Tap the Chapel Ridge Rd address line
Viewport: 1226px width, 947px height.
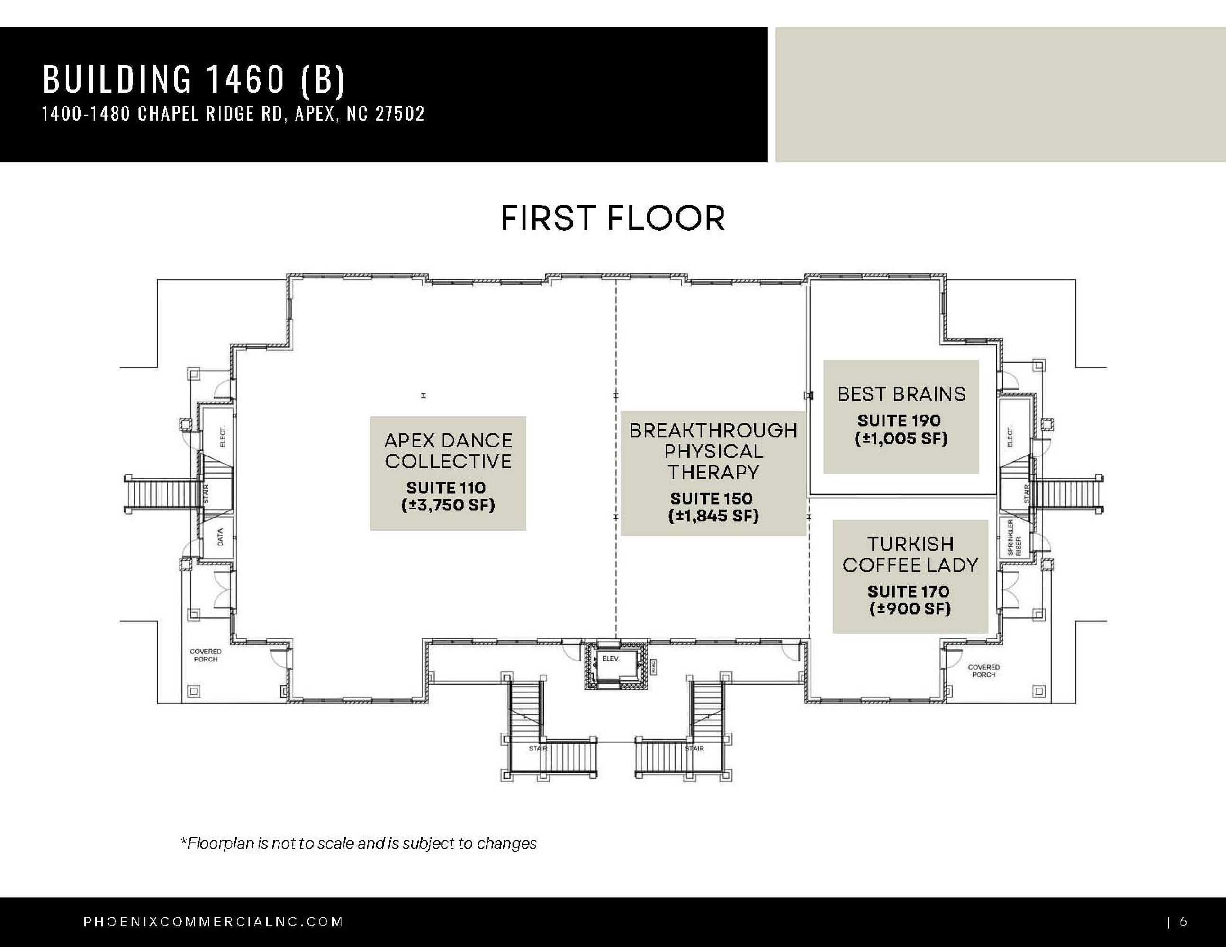click(x=234, y=114)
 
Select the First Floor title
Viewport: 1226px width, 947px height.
click(x=613, y=218)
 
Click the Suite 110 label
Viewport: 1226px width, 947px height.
click(x=446, y=488)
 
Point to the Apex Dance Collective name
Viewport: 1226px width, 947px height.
click(x=448, y=450)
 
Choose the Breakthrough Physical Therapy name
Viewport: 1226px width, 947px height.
click(x=713, y=451)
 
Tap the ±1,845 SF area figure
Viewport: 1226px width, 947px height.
click(x=713, y=516)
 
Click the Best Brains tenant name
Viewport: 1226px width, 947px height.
click(x=901, y=394)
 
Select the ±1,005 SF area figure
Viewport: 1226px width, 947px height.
click(x=901, y=438)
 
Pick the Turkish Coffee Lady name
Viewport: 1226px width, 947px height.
click(x=910, y=554)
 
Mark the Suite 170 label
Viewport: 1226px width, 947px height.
click(x=908, y=591)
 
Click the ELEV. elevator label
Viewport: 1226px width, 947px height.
click(x=611, y=658)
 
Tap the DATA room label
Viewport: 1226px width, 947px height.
click(x=220, y=537)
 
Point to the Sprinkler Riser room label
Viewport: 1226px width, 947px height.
click(x=1014, y=537)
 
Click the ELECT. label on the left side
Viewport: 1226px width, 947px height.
click(x=222, y=437)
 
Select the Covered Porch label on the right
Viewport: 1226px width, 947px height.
click(x=983, y=671)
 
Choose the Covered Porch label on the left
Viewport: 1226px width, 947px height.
click(x=206, y=655)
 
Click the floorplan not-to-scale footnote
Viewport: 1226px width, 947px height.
click(x=358, y=843)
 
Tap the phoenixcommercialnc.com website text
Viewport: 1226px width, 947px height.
click(x=213, y=922)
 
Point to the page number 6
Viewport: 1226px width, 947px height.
click(x=1183, y=922)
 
